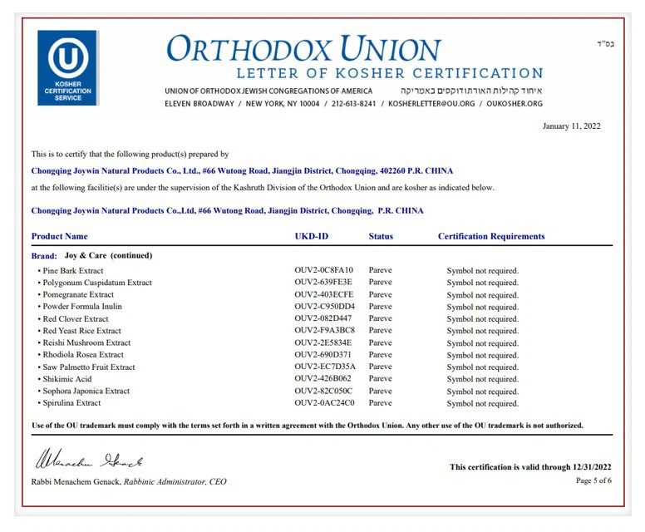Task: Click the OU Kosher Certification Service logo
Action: pos(67,68)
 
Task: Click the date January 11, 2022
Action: pos(571,126)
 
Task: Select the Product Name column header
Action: pos(59,236)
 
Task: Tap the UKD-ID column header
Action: pos(311,236)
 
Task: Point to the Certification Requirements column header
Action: pos(491,236)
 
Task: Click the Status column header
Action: pos(381,236)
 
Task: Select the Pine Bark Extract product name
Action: pos(72,270)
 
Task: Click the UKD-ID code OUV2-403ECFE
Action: pos(323,294)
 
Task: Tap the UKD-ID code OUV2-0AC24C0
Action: pos(324,403)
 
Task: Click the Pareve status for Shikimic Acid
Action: pos(381,379)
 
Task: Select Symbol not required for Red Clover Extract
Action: pos(482,318)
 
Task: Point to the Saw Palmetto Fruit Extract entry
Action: pos(88,367)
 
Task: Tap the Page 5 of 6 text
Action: pos(593,480)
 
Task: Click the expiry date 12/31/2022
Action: pos(592,467)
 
